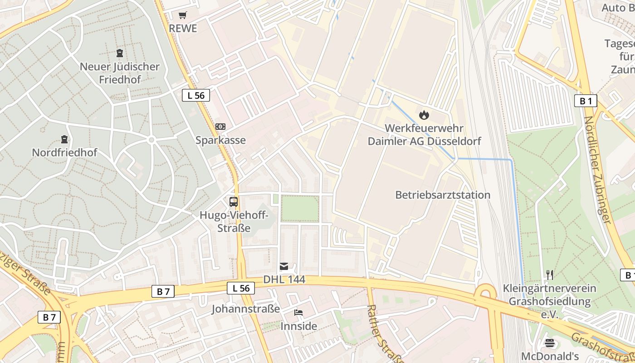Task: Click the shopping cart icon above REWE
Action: pos(182,15)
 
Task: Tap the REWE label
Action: pos(183,29)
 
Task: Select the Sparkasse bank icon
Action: pos(220,127)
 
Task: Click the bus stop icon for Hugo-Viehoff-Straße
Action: pos(234,202)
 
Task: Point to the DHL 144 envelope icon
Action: pos(284,266)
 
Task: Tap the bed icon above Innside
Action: pos(298,313)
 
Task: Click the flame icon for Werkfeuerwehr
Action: pos(424,115)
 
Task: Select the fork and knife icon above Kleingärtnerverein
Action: pos(550,275)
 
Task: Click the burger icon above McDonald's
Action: pos(550,343)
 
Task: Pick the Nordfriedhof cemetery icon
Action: pos(64,139)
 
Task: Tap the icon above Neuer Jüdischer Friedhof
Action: pos(120,53)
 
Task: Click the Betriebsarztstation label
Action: pos(443,195)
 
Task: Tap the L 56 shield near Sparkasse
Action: pos(196,95)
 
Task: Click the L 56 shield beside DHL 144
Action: pos(241,288)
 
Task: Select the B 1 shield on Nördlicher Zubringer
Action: pos(586,101)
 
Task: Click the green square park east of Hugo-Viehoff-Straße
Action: pos(300,208)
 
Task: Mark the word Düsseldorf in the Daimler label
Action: pos(452,141)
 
